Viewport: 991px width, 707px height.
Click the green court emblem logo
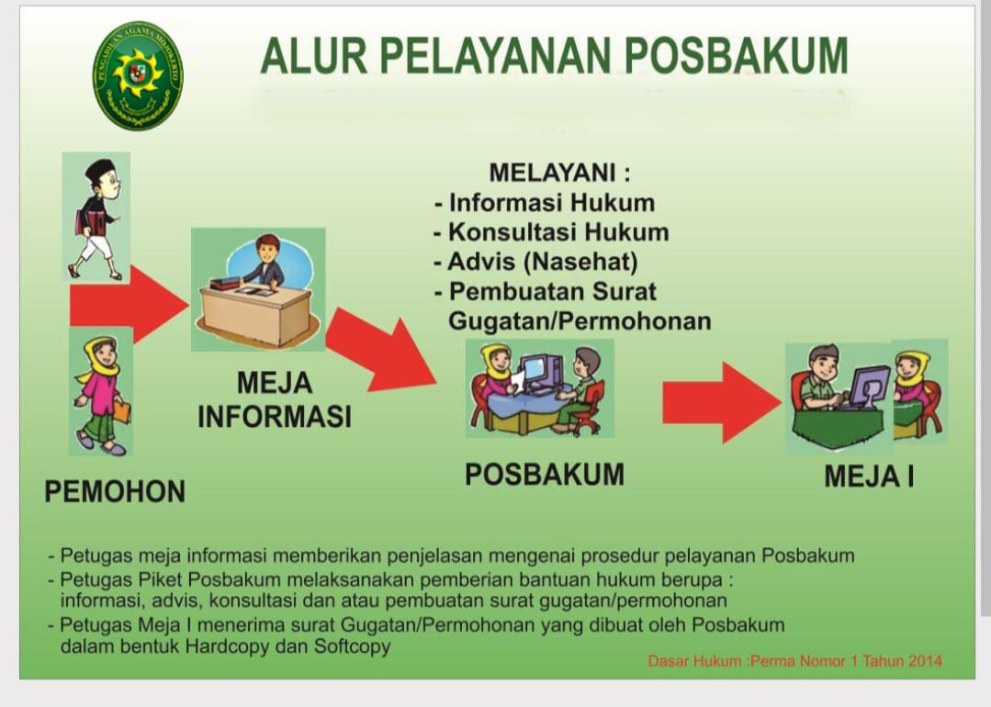pyautogui.click(x=138, y=75)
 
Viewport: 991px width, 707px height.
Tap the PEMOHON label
pyautogui.click(x=115, y=491)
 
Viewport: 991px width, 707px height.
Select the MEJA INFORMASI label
pyautogui.click(x=275, y=399)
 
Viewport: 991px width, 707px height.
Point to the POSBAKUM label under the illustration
pyautogui.click(x=544, y=474)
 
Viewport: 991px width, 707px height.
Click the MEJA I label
pyautogui.click(x=868, y=477)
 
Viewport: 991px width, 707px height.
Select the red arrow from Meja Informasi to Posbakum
pyautogui.click(x=381, y=353)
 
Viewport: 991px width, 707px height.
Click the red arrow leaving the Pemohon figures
pyautogui.click(x=129, y=303)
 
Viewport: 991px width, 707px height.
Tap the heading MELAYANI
pyautogui.click(x=559, y=173)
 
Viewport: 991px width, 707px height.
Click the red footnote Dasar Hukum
pyautogui.click(x=794, y=661)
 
